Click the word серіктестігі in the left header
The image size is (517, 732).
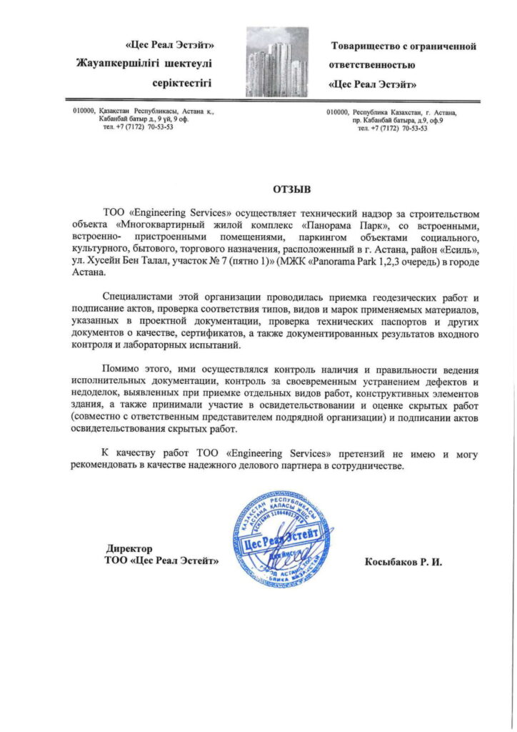tap(182, 83)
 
